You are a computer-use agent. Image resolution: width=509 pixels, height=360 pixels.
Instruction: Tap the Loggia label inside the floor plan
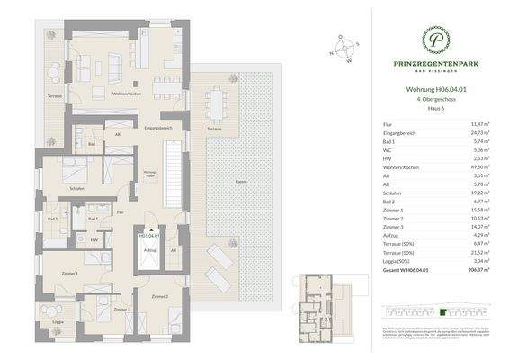tap(58, 320)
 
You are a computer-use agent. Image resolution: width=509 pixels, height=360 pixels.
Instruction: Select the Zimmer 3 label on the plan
tap(160, 296)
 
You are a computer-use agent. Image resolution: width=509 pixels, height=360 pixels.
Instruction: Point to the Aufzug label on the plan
tap(149, 249)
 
